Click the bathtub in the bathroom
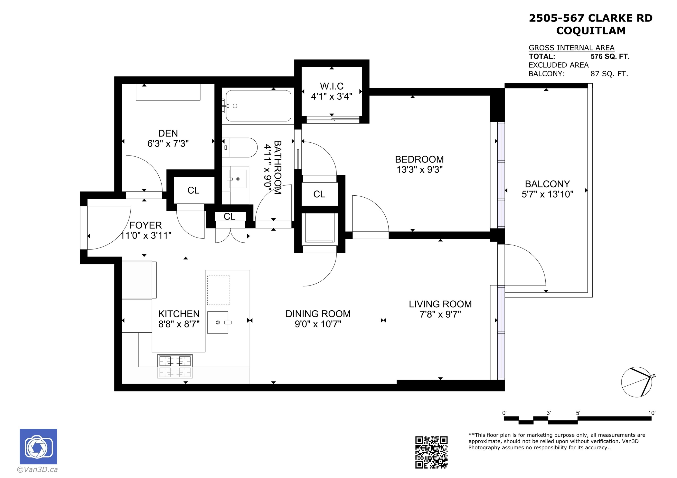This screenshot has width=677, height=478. coord(258,106)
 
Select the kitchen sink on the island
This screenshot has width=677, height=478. coord(218,322)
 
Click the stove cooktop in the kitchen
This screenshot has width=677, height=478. coord(175,366)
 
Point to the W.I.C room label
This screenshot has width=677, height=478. coord(332,86)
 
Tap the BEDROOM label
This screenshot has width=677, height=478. coord(419,159)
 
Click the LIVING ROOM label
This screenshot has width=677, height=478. coord(440,304)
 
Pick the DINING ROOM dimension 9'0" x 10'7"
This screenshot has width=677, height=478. coord(318,324)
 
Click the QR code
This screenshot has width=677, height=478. coord(431,452)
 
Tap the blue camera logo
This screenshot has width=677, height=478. coord(38,446)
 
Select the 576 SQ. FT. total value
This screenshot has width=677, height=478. coord(610,56)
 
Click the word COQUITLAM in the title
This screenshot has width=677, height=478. coord(591,31)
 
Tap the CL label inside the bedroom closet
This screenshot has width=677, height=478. coord(319,194)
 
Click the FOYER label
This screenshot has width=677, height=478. coord(146,225)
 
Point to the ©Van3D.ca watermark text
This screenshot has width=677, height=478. coord(37,469)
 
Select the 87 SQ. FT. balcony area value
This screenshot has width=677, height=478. coord(609,74)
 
